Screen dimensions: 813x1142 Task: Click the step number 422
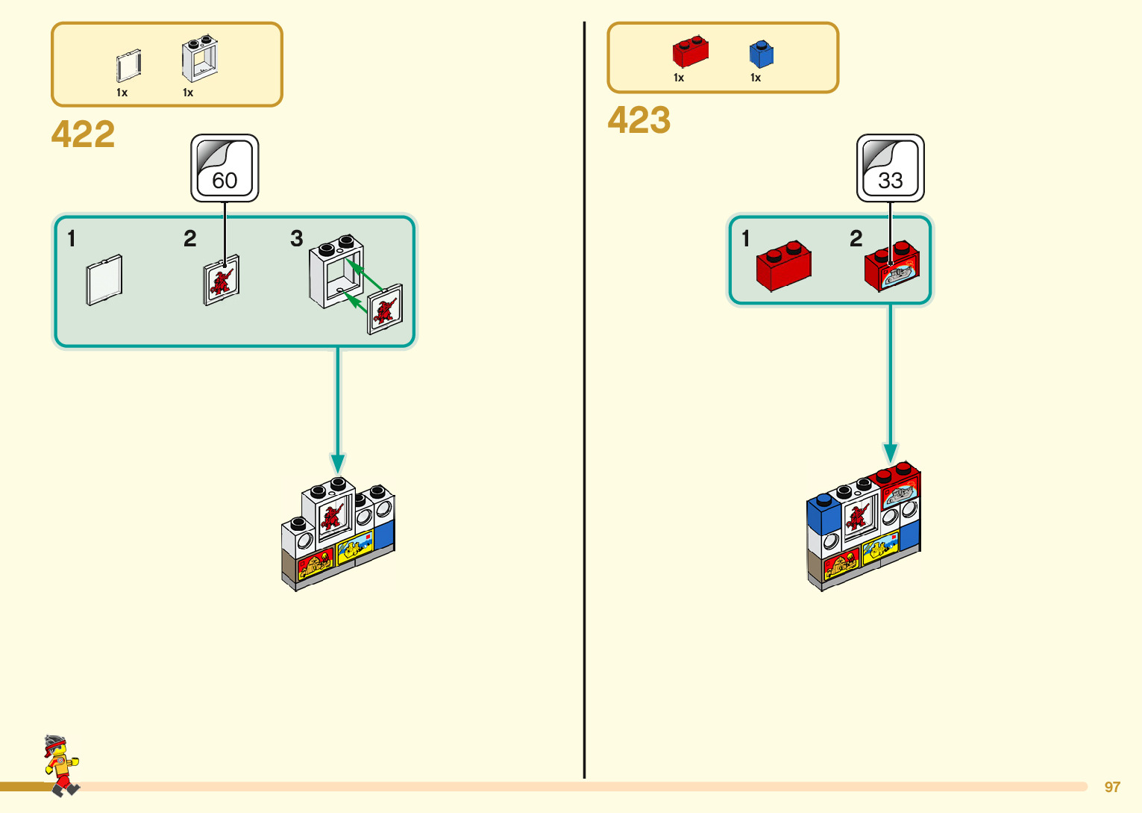(83, 134)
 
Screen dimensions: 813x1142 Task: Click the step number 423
(639, 120)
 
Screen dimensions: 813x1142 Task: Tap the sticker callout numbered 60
(225, 168)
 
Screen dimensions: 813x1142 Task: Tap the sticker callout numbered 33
(890, 168)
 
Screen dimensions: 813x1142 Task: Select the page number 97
(1112, 787)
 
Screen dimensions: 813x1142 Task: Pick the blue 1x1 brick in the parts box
(761, 54)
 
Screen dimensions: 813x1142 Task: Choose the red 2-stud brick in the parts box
(690, 52)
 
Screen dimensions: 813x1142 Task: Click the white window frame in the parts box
(200, 58)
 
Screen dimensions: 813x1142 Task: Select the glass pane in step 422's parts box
(128, 66)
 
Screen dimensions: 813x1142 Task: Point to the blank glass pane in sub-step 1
(104, 280)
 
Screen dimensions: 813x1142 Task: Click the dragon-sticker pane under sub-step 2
(222, 281)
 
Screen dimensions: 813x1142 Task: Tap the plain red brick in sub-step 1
(783, 266)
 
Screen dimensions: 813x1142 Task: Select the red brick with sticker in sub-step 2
(892, 266)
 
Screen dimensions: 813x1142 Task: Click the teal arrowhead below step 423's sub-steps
(890, 452)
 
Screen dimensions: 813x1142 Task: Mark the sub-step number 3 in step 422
(296, 239)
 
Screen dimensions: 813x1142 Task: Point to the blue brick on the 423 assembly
(823, 515)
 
